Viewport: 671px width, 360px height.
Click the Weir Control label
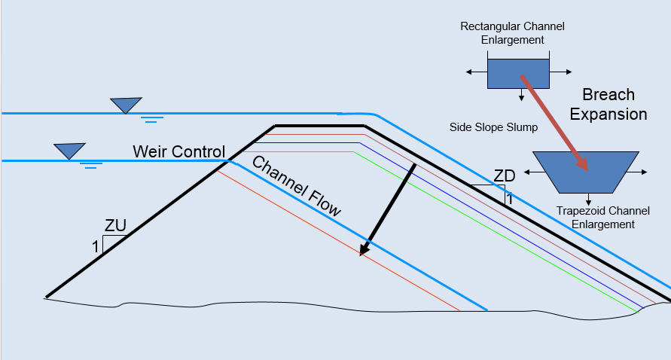178,151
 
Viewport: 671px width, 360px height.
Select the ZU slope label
115,225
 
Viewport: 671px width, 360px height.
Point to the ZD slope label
504,176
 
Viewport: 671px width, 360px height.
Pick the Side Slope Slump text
493,127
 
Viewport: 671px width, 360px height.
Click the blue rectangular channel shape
518,72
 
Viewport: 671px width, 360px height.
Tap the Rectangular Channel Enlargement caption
512,33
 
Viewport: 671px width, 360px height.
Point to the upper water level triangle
126,105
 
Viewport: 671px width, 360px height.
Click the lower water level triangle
70,151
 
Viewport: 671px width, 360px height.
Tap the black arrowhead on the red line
365,249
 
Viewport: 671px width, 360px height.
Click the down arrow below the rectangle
520,96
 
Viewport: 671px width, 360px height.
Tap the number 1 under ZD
509,200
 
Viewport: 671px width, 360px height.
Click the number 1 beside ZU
95,246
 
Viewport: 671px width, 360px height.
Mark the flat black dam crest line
320,125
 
